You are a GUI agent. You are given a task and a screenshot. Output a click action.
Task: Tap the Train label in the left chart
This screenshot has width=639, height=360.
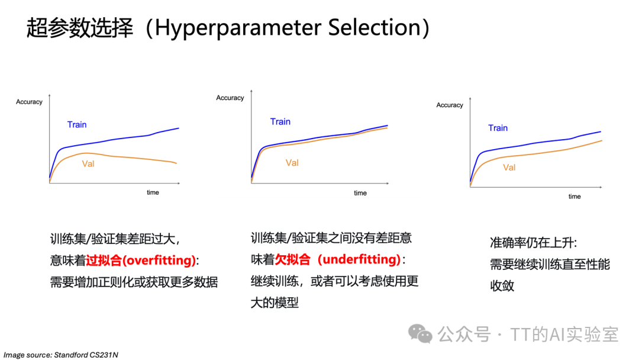pos(77,124)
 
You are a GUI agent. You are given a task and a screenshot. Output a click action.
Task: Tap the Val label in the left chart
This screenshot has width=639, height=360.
pos(88,164)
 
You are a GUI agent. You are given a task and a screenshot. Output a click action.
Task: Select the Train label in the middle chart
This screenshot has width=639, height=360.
pos(280,121)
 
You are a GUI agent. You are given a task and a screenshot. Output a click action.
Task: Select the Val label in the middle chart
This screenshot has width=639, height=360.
pos(292,163)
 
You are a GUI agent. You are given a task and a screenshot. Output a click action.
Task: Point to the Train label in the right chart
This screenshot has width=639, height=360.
pos(498,128)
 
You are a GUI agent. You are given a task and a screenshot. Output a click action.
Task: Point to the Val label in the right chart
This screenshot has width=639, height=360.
pos(509,168)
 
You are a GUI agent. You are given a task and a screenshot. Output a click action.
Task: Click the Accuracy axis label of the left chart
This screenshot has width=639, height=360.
pos(29,102)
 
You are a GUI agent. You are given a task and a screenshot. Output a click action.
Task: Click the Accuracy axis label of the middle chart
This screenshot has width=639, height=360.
pos(230,98)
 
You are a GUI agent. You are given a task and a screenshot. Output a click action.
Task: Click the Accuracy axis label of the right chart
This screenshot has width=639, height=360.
pos(450,105)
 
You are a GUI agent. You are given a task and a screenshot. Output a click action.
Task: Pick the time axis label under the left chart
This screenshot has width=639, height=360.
pos(153,192)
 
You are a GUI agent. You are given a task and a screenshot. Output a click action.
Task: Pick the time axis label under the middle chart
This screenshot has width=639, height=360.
pos(360,193)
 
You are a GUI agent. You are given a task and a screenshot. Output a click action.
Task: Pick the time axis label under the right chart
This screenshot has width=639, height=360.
pos(575,197)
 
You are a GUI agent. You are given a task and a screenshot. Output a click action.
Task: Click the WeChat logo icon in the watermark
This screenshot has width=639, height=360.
pos(422,334)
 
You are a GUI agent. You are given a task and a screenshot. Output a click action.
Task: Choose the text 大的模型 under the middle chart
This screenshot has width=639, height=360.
pos(275,303)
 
